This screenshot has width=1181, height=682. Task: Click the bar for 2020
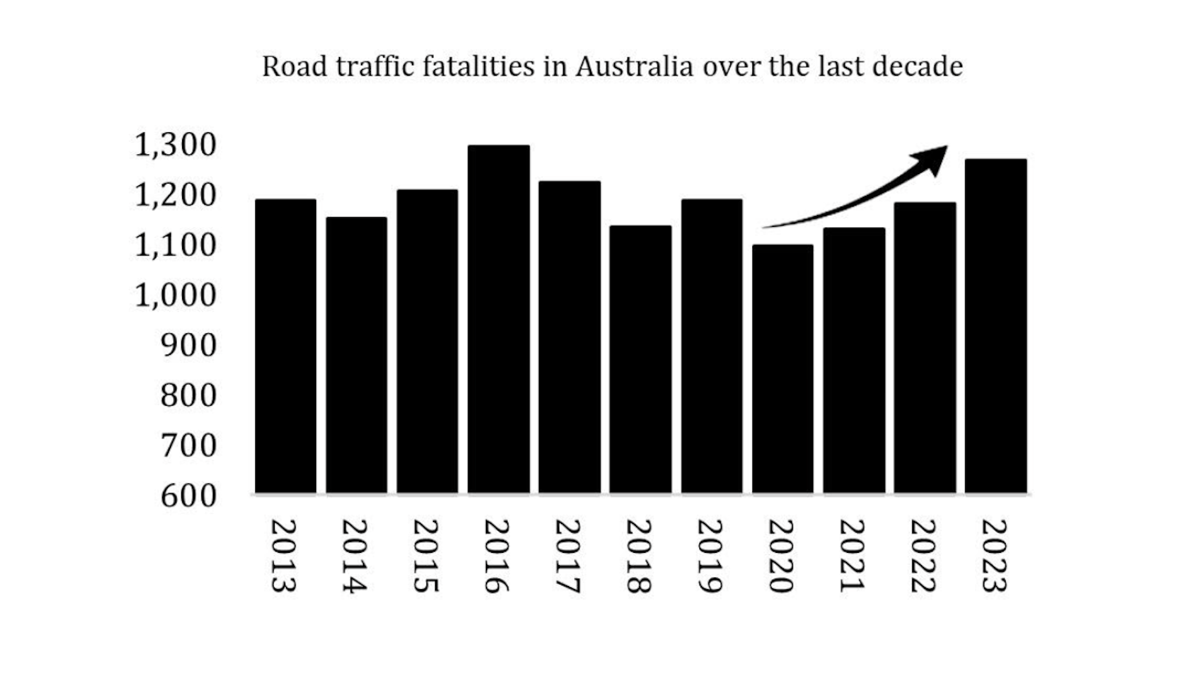782,368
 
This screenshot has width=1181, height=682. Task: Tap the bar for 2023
995,326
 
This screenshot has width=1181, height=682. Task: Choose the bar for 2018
640,359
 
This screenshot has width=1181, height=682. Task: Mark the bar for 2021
854,360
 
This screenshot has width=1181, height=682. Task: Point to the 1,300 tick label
175,145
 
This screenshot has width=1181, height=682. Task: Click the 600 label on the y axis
188,496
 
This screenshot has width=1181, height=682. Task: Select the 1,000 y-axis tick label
175,295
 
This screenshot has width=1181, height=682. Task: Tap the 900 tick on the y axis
188,346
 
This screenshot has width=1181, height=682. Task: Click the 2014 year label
354,556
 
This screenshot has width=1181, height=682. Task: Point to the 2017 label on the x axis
568,556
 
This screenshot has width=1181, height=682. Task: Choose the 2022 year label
923,556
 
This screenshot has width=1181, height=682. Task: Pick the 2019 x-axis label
710,556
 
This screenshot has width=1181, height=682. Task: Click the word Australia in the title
634,66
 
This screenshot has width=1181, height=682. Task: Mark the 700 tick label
188,446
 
